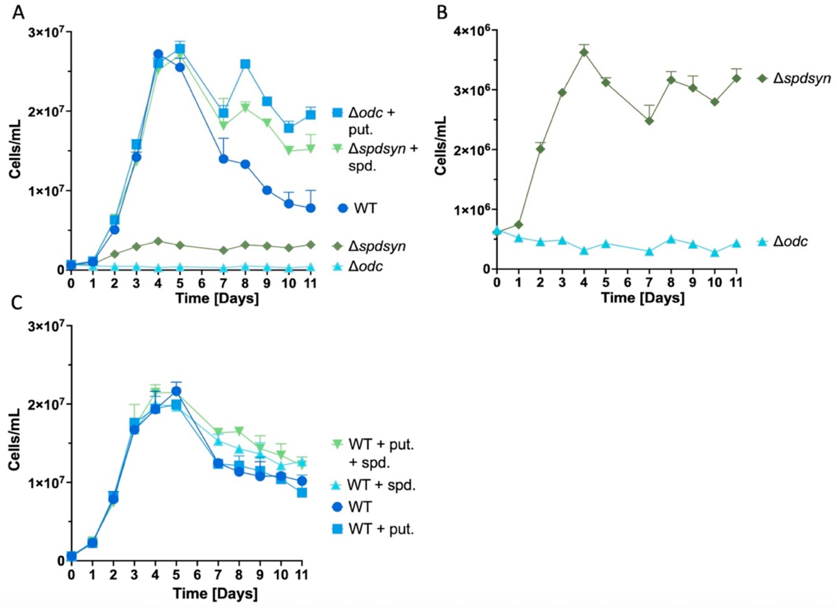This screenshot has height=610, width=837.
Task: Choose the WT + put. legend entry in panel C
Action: click(x=381, y=529)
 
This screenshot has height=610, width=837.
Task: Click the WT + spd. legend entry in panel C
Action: click(x=382, y=485)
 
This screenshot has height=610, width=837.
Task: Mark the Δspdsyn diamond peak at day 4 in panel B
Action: click(x=584, y=52)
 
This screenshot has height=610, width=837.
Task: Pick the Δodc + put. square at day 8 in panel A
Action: click(x=245, y=64)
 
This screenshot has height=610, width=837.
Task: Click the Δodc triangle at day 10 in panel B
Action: click(x=715, y=253)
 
